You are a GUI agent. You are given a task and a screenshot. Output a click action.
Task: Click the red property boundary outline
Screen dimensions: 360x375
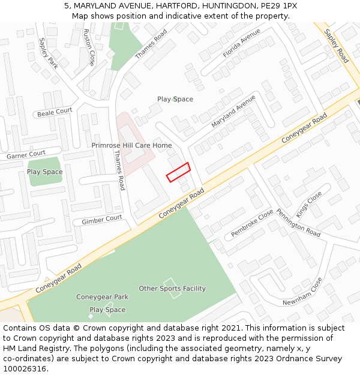(178, 172)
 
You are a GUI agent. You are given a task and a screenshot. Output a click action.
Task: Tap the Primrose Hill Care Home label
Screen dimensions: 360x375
(131, 145)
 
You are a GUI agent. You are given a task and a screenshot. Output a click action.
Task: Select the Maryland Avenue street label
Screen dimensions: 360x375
(233, 111)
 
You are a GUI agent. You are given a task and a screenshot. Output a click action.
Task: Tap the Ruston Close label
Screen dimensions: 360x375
(89, 47)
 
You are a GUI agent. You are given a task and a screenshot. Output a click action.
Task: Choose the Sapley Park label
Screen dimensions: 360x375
(47, 53)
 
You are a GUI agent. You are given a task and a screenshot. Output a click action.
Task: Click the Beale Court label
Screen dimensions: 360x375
(55, 112)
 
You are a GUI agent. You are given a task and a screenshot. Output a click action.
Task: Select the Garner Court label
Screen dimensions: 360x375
(26, 155)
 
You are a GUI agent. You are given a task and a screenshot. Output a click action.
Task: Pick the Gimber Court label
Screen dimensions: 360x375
(101, 220)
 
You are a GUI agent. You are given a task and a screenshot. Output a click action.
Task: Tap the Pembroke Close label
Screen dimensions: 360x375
(252, 224)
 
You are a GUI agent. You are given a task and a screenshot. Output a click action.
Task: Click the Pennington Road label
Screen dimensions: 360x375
(298, 222)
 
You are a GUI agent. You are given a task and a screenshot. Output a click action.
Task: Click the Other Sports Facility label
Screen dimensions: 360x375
(172, 289)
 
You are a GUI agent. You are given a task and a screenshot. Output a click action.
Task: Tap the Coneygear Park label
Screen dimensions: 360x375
(102, 297)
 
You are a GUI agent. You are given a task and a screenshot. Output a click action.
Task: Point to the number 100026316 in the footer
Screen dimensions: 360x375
(25, 369)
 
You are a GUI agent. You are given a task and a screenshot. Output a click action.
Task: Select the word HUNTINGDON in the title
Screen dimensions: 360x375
(228, 5)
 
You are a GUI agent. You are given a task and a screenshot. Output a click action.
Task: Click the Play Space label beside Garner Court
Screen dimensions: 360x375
(44, 172)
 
